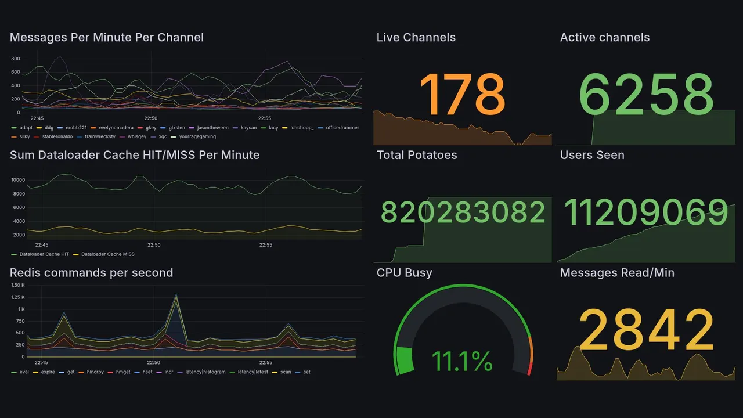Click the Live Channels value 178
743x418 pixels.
[462, 94]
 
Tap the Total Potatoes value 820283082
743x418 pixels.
[463, 213]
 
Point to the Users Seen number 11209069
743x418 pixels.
[646, 212]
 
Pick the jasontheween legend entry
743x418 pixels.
[212, 128]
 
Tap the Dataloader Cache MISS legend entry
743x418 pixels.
[107, 254]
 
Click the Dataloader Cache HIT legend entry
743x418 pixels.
[44, 254]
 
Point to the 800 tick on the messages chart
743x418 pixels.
[15, 59]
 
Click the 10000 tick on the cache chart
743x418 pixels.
[19, 180]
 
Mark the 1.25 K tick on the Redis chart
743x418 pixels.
[18, 297]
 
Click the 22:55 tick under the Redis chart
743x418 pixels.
[265, 362]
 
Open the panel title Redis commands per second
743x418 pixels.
[91, 273]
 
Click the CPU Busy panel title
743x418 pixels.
[404, 273]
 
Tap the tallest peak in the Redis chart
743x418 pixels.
[176, 296]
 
